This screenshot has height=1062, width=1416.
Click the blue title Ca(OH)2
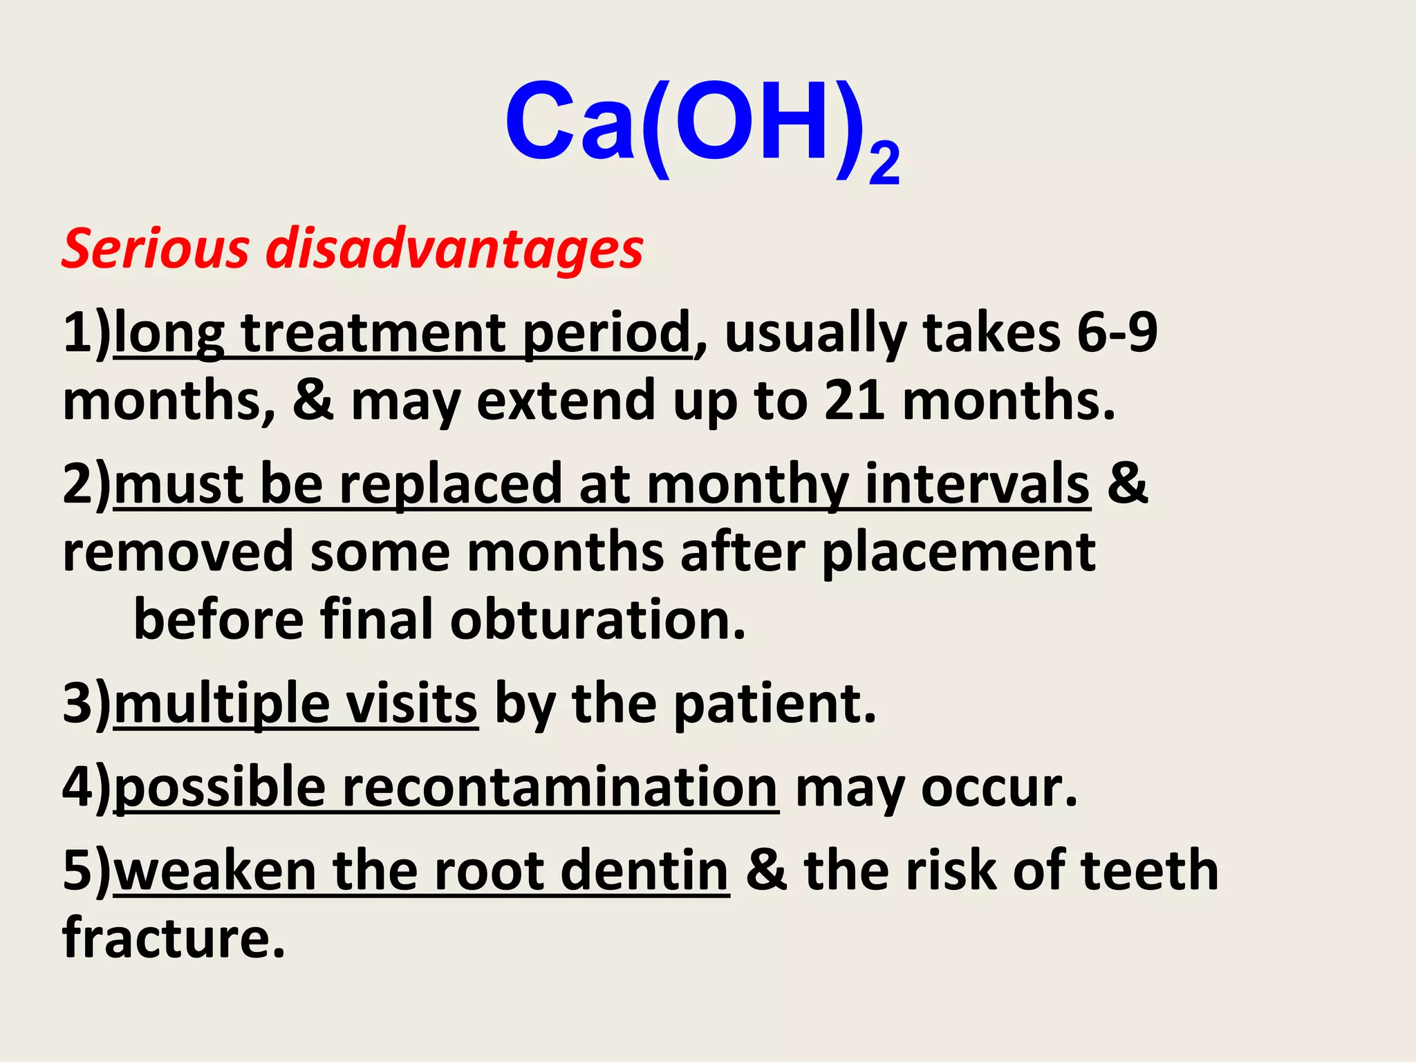(701, 128)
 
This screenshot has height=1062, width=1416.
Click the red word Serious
(156, 249)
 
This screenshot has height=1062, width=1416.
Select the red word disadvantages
(455, 249)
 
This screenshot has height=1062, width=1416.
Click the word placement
(958, 553)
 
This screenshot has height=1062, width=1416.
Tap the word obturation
(598, 620)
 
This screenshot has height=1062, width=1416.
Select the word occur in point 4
(999, 788)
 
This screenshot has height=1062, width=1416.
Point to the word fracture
(173, 939)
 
